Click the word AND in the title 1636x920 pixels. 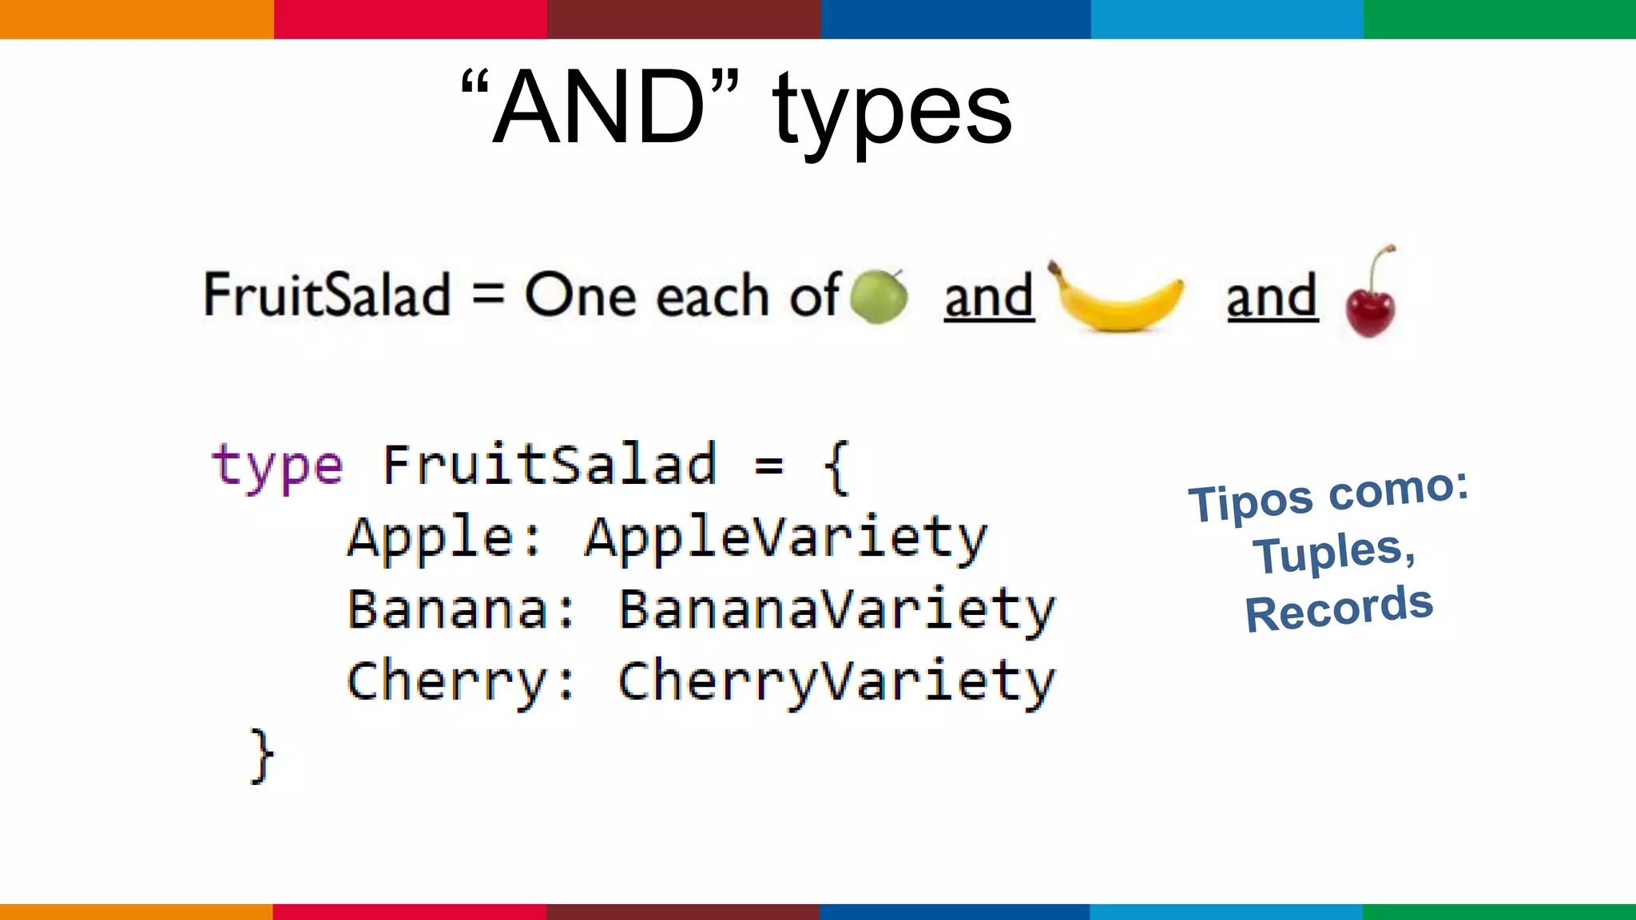[599, 108]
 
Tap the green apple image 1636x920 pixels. [879, 296]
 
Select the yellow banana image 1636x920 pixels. [1118, 299]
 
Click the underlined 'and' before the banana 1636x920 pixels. [989, 296]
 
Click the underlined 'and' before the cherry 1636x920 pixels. [1272, 296]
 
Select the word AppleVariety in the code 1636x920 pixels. [786, 538]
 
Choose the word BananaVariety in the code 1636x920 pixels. [836, 610]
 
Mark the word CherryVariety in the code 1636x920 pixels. [836, 682]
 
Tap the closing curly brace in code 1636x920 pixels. [261, 755]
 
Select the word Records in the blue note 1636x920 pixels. [1339, 609]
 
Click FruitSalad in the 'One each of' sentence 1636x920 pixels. [328, 295]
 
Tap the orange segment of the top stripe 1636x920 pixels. [136, 19]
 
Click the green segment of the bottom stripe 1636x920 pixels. [1499, 911]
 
